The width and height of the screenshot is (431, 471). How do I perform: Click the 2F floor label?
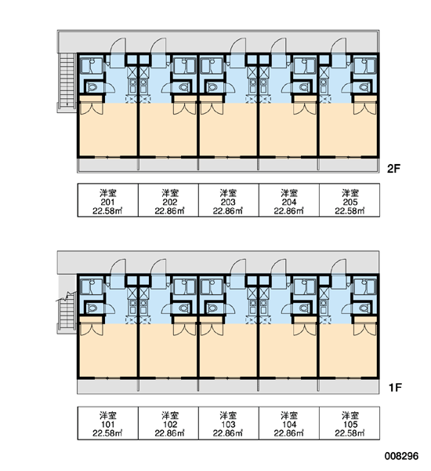393,169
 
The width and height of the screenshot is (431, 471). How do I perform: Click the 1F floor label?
395,388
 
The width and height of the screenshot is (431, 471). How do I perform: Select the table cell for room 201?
108,200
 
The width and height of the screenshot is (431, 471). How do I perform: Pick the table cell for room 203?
229,200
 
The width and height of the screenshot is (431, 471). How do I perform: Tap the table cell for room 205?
350,200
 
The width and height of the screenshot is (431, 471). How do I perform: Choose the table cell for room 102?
168,423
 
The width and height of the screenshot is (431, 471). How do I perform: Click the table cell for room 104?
289,423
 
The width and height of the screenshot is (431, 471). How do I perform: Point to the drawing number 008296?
401,456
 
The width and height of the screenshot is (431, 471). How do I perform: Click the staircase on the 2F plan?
67,81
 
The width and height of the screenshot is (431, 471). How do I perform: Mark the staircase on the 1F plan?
67,312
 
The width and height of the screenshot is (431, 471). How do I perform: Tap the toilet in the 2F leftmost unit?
92,87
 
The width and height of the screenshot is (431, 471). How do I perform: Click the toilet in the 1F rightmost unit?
364,308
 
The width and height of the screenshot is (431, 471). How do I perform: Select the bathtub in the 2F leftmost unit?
91,66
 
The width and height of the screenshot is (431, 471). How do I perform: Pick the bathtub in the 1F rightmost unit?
365,287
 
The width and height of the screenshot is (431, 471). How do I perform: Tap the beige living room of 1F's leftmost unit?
108,352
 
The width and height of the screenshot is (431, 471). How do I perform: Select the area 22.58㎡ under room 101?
108,433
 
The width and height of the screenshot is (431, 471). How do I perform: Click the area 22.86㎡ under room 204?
289,210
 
